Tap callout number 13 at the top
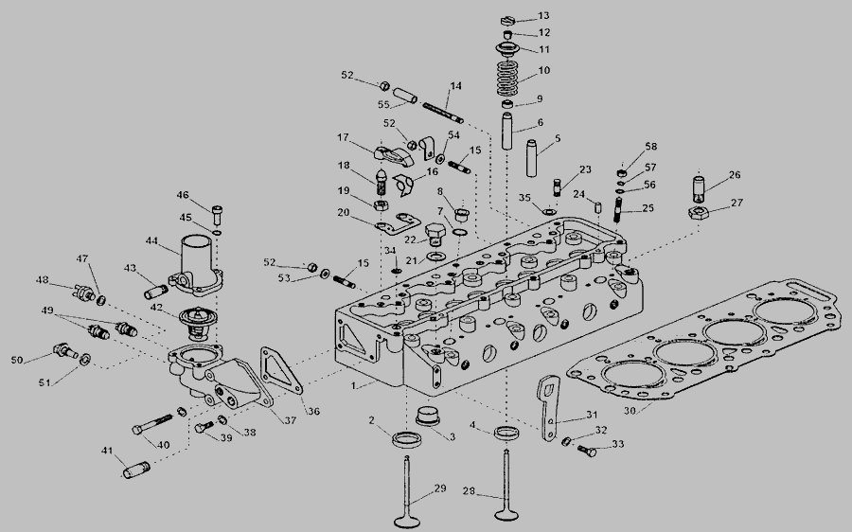pyautogui.click(x=543, y=16)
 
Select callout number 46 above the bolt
pyautogui.click(x=183, y=195)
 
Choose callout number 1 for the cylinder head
pyautogui.click(x=353, y=386)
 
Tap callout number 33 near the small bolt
pyautogui.click(x=618, y=444)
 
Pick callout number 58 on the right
pyautogui.click(x=650, y=147)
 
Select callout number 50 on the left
pyautogui.click(x=16, y=360)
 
